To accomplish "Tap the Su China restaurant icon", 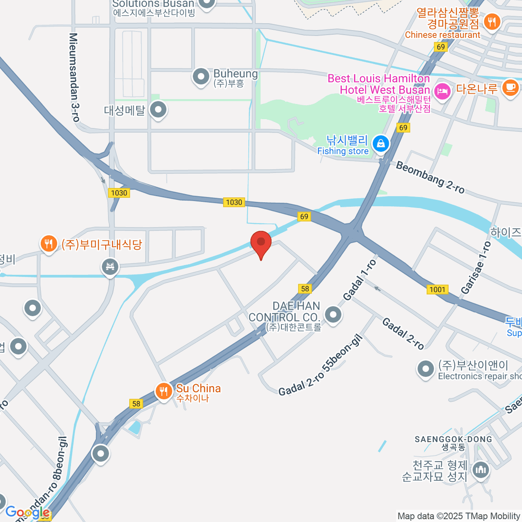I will tap(164, 391).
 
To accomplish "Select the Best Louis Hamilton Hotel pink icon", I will tap(442, 91).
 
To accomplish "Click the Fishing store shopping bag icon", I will tap(381, 143).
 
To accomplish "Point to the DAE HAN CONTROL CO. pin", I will tap(333, 314).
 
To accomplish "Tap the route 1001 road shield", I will tap(437, 290).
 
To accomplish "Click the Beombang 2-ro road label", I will tap(430, 177).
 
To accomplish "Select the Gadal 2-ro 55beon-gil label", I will tap(320, 365).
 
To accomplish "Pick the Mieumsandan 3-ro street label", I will tap(74, 77).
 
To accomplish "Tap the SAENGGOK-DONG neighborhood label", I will tap(453, 439).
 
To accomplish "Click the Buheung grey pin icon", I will tap(201, 77).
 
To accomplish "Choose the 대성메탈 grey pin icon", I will tap(158, 110).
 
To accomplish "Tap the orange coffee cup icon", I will tap(510, 87).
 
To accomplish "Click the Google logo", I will tap(27, 512).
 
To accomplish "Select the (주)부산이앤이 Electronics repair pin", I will tap(425, 369).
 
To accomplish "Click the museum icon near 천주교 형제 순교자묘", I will tap(481, 469).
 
